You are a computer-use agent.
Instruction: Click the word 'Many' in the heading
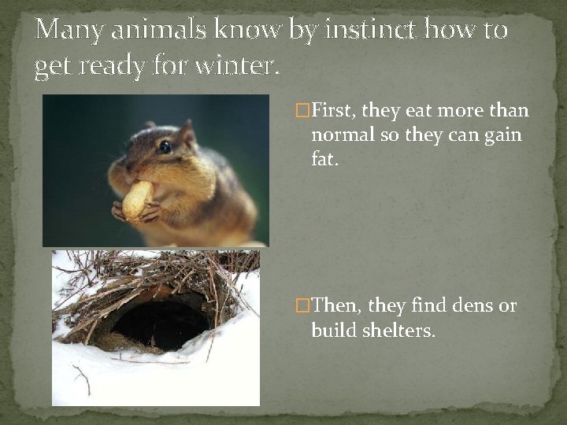69,30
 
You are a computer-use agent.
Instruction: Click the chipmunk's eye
165,146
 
